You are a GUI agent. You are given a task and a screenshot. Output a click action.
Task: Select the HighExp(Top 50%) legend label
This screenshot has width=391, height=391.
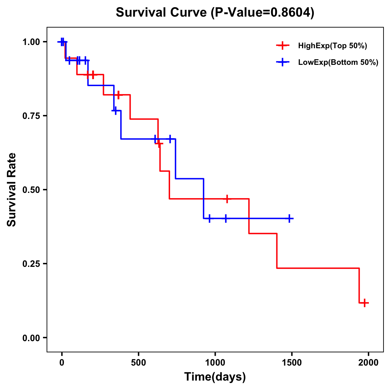(x=332, y=46)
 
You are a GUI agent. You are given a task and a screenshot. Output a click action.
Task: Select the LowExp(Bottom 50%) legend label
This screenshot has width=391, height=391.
(x=338, y=63)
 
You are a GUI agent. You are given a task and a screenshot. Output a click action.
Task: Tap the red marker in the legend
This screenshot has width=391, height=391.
(x=282, y=46)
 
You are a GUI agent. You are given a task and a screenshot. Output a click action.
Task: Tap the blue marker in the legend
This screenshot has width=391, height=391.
(x=282, y=62)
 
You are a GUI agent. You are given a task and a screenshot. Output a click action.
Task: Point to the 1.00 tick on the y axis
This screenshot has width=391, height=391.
(x=31, y=42)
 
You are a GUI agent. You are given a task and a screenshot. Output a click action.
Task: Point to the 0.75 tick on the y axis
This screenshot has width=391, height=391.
(x=31, y=116)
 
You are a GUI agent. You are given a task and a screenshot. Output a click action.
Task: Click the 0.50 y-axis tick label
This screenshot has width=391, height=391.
(x=31, y=190)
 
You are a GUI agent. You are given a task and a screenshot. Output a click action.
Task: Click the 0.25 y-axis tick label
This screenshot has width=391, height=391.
(x=31, y=264)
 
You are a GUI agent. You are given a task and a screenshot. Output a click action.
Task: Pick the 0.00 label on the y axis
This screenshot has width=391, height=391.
(x=31, y=338)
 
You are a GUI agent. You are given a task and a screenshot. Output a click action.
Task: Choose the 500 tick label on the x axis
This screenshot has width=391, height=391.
(x=138, y=363)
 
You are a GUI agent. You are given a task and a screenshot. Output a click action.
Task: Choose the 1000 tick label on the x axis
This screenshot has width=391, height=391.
(x=215, y=363)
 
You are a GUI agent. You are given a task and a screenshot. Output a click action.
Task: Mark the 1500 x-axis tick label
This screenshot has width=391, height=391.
(x=292, y=363)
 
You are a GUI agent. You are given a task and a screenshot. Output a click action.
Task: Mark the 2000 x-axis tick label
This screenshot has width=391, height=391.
(x=369, y=363)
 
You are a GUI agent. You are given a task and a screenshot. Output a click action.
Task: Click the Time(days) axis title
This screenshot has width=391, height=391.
(x=215, y=377)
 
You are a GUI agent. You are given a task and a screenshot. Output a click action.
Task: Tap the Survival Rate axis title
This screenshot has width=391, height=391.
(x=12, y=190)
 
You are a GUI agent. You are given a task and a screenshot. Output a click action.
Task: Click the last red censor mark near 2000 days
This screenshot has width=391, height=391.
(x=365, y=303)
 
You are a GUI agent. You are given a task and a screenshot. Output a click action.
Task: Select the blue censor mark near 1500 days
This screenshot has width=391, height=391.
(x=289, y=218)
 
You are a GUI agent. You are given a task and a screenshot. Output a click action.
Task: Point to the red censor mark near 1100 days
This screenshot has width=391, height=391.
(x=227, y=198)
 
